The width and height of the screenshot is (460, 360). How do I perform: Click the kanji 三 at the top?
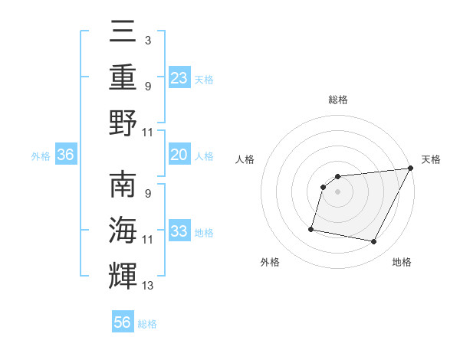click(123, 31)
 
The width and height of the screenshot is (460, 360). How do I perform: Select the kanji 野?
click(123, 122)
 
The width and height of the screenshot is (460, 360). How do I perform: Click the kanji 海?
click(123, 231)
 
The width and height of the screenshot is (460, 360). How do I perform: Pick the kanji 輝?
click(123, 276)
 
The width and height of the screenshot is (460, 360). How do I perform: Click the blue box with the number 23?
click(179, 77)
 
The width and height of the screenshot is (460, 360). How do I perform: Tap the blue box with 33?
click(179, 231)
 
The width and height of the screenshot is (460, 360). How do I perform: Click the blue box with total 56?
click(123, 322)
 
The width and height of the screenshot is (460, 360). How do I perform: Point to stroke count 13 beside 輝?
click(148, 286)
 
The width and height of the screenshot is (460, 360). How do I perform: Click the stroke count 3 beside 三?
click(147, 39)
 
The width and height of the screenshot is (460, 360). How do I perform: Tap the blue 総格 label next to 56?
click(147, 324)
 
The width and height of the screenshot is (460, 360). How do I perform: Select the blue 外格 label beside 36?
click(41, 156)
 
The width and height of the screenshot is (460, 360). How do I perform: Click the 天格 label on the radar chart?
click(431, 159)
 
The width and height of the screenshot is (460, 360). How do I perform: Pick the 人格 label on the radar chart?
click(245, 159)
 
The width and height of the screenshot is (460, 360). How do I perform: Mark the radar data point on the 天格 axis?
click(410, 169)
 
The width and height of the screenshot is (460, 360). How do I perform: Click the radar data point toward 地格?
click(374, 242)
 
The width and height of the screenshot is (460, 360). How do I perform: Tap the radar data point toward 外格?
click(311, 228)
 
